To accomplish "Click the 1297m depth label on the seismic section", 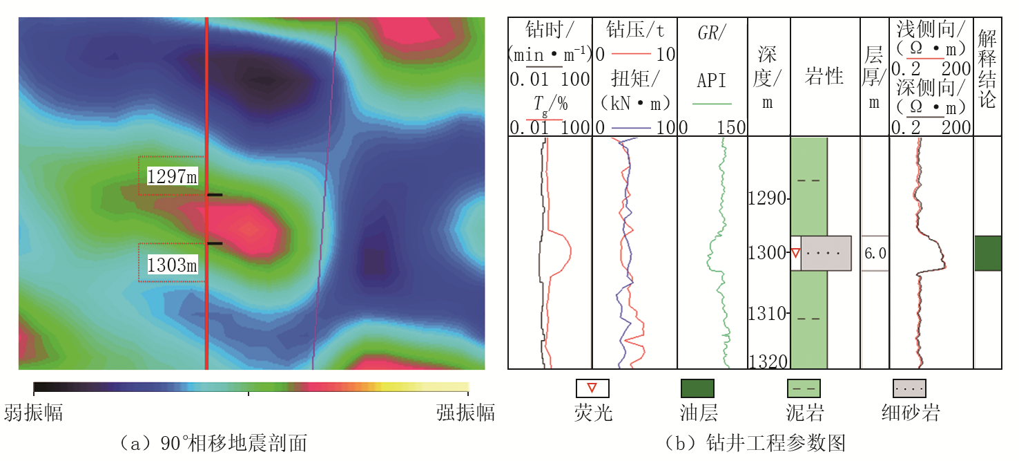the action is click(172, 176).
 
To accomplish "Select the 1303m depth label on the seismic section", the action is click(172, 265).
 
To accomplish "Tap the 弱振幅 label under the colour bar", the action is click(33, 413).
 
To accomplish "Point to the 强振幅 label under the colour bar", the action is click(465, 413).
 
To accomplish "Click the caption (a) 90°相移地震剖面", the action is click(213, 443).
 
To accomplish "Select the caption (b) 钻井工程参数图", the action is click(755, 443).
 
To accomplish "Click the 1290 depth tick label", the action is click(768, 198).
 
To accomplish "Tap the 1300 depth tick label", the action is click(768, 253).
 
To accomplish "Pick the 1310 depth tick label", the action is click(768, 313).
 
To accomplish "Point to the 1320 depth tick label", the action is click(768, 361).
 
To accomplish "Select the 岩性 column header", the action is click(824, 75).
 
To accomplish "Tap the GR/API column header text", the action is click(712, 57).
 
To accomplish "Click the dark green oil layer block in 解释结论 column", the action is click(988, 253).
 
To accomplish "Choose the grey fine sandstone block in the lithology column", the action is click(826, 253).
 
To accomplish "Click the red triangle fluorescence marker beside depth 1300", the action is click(795, 253).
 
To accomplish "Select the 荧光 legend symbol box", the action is click(592, 388).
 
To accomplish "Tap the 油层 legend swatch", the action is click(697, 388).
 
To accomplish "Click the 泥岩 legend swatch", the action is click(804, 388).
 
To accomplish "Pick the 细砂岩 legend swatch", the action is click(909, 388).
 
